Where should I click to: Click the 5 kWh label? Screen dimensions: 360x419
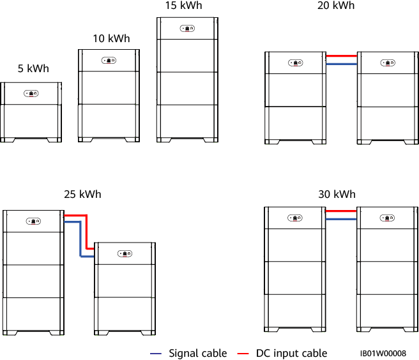(x=33, y=69)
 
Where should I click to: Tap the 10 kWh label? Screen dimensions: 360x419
(x=111, y=38)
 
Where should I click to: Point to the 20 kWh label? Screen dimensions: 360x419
(x=336, y=5)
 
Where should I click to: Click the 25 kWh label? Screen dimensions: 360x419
(x=82, y=194)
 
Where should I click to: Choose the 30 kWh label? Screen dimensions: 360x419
(x=336, y=194)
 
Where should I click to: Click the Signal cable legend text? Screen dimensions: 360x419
(x=197, y=353)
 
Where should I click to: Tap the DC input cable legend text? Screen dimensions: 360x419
(x=291, y=353)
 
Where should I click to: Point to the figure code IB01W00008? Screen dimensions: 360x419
(x=383, y=353)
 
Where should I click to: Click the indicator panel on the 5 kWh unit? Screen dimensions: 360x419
(x=31, y=93)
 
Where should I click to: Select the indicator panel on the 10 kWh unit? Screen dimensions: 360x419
(x=109, y=61)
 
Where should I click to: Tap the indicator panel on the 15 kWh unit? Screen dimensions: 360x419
(x=187, y=29)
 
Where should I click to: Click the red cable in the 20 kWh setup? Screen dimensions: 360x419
(x=340, y=56)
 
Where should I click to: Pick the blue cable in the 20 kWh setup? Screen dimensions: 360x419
(x=340, y=64)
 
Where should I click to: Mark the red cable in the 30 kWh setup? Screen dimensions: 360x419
(x=340, y=211)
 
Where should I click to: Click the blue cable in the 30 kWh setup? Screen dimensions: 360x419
(x=340, y=219)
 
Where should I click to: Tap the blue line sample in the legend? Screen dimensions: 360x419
(x=156, y=354)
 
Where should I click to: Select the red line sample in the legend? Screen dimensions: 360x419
(x=243, y=354)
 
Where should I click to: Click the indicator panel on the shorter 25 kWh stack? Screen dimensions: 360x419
(x=125, y=253)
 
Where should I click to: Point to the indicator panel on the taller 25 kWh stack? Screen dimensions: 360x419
(x=33, y=221)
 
